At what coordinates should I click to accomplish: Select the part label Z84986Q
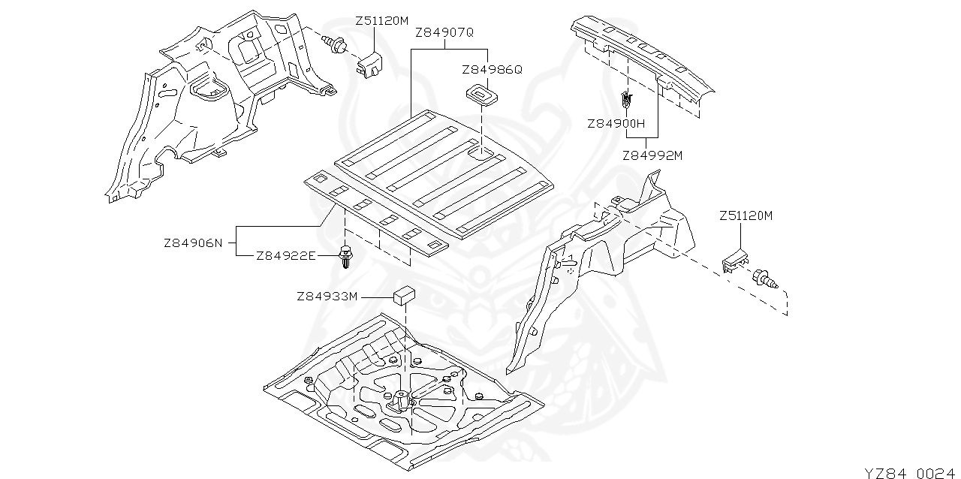tap(492, 69)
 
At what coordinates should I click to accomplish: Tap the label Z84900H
tap(616, 123)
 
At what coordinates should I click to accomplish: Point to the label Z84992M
tap(652, 156)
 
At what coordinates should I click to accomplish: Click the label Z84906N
tap(193, 243)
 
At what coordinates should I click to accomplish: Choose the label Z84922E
tap(285, 256)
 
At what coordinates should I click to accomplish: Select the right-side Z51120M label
tap(746, 216)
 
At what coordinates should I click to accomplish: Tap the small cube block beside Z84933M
tap(405, 294)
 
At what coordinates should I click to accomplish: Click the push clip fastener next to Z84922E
tap(346, 258)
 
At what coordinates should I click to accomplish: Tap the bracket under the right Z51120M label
tap(735, 260)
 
